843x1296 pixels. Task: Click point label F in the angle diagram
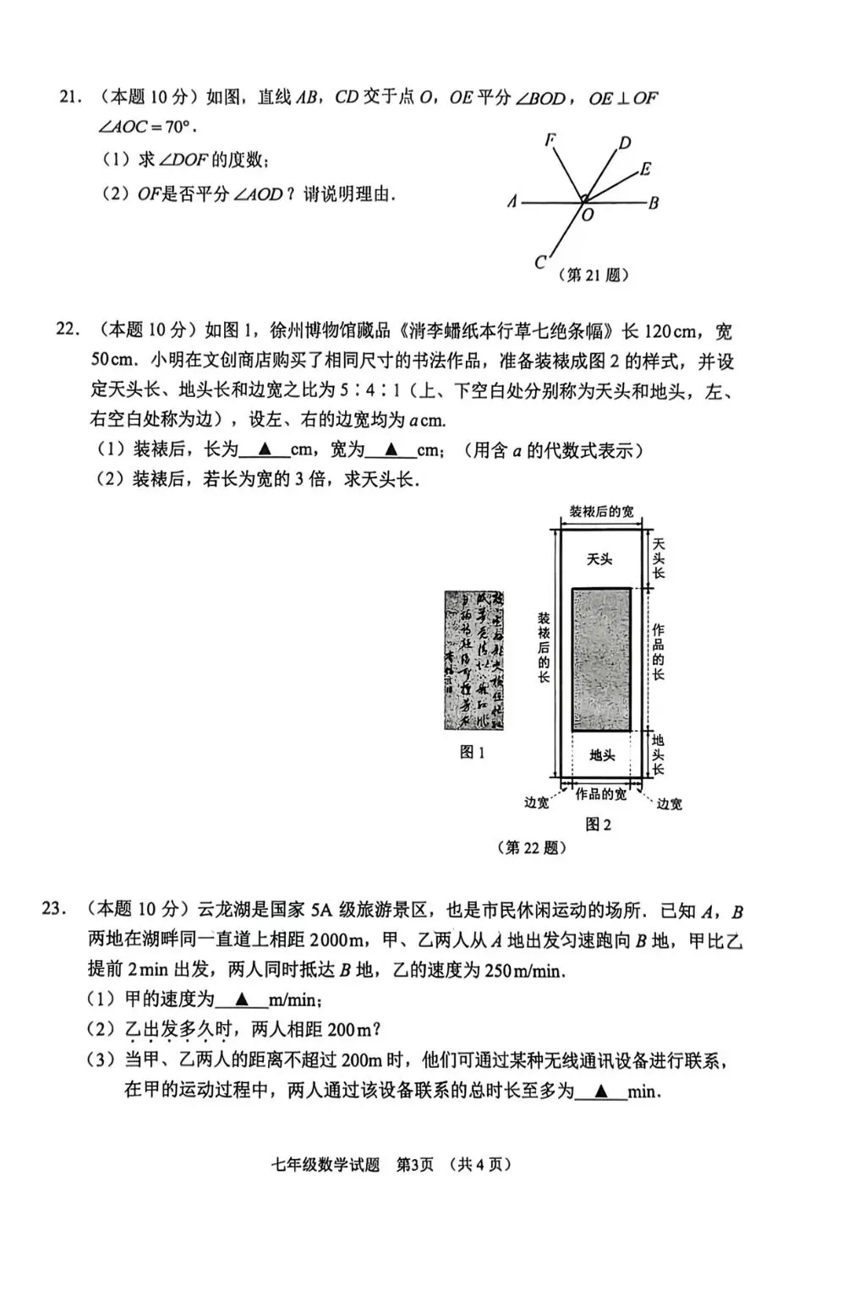click(x=550, y=140)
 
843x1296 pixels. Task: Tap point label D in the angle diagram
click(x=625, y=143)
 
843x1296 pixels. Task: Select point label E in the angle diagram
click(x=645, y=169)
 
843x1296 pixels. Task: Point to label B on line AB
click(x=654, y=203)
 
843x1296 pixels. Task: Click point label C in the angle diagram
click(x=540, y=263)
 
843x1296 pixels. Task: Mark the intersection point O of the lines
click(x=583, y=201)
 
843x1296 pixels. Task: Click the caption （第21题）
click(x=594, y=275)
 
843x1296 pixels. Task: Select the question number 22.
click(x=67, y=329)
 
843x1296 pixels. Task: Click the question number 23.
click(x=53, y=910)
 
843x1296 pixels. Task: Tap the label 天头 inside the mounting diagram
click(x=599, y=558)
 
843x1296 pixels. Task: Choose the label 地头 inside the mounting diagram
click(x=601, y=754)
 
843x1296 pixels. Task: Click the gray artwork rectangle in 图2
click(x=600, y=660)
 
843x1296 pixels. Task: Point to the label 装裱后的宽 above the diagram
click(x=601, y=512)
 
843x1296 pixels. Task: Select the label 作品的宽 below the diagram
click(x=601, y=795)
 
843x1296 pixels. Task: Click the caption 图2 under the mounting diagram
click(x=599, y=825)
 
